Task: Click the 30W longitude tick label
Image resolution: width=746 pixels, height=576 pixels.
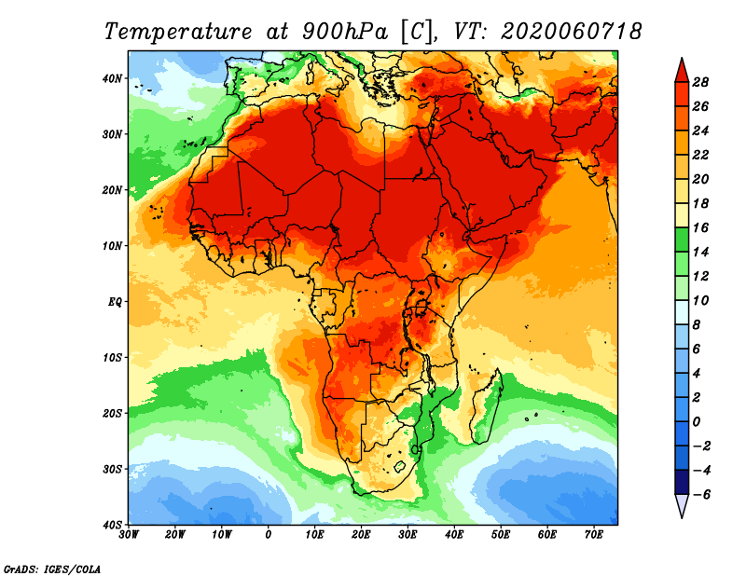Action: click(129, 535)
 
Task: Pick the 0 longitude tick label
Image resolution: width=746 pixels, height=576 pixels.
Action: click(269, 535)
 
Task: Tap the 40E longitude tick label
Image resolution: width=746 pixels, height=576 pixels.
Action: click(454, 535)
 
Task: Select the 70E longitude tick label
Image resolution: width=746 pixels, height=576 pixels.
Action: click(594, 535)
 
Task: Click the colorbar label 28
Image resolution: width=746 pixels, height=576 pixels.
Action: click(702, 82)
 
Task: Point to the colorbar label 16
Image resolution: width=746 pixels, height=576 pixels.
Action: click(702, 227)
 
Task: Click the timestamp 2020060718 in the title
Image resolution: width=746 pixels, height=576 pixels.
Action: click(571, 31)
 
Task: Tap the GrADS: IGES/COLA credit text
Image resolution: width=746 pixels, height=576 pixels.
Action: click(52, 568)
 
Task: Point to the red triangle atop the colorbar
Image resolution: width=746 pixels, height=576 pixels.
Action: click(681, 69)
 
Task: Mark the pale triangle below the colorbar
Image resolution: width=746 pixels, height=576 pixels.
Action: click(681, 505)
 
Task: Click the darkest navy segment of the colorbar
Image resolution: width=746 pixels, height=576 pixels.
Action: click(681, 482)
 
